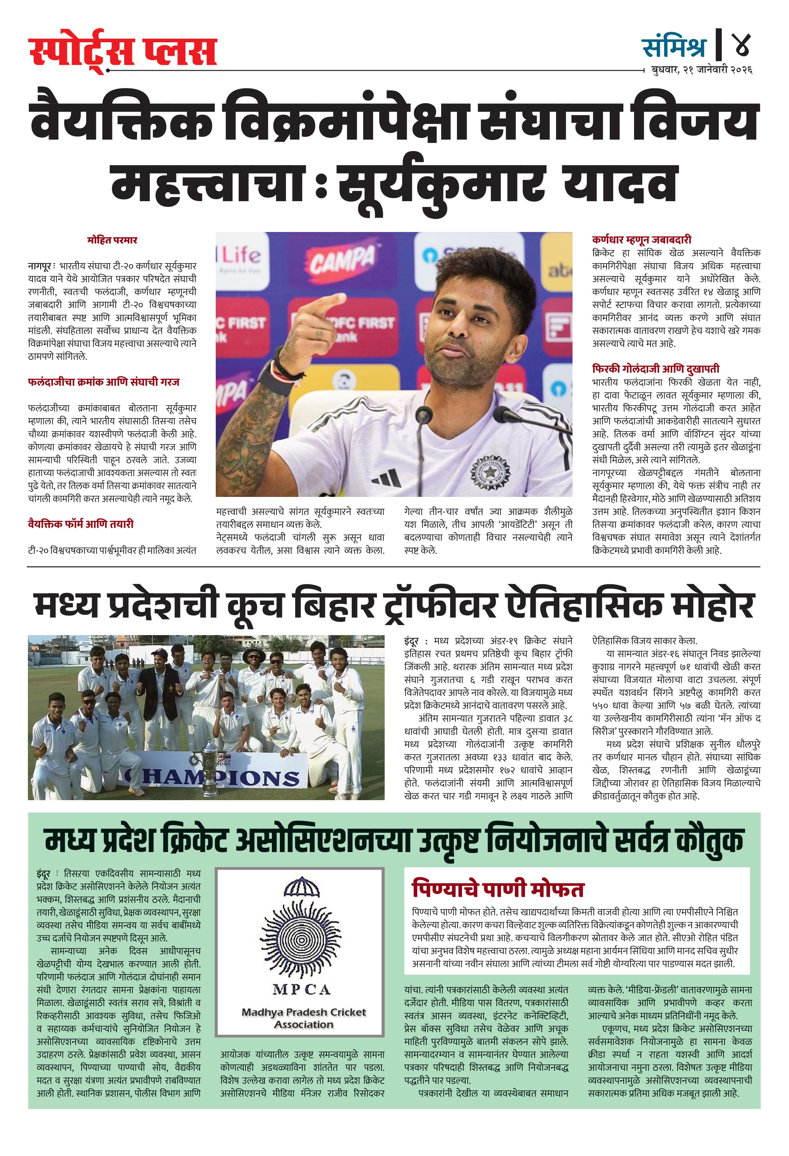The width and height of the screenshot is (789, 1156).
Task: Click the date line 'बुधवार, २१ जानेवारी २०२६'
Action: tap(701, 70)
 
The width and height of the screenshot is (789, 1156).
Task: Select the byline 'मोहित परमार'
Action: tap(112, 240)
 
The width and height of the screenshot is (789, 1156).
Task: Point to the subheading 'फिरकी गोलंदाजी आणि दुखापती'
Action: tap(655, 369)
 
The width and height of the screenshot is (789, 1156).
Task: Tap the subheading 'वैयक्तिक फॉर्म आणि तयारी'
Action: tap(81, 524)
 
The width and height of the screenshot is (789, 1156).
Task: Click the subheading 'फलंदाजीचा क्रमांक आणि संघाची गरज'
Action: tap(103, 382)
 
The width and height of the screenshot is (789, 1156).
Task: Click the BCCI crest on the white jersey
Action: tap(490, 470)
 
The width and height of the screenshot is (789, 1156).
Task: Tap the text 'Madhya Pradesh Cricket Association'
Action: tap(303, 1018)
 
